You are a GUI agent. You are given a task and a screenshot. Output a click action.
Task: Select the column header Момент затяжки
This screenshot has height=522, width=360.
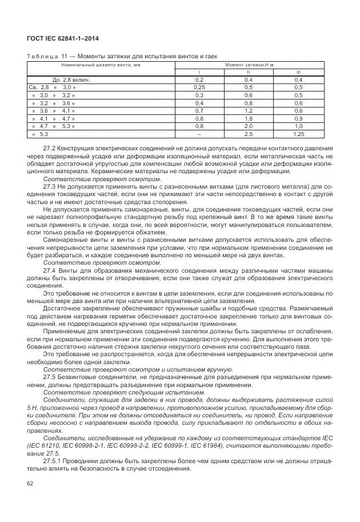point(249,66)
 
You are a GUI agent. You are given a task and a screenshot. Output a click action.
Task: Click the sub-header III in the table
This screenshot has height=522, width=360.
point(298,73)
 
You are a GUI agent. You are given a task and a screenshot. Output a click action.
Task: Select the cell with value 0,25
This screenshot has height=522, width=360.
point(199,87)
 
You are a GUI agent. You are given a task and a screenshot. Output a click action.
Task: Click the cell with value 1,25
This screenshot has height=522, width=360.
point(298,133)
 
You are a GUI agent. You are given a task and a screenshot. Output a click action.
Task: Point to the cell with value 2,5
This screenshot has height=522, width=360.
point(249,133)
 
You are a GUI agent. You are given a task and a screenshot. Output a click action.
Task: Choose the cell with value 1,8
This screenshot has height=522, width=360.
point(249,118)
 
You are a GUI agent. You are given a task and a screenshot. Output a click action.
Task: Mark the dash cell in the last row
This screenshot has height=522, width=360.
point(199,133)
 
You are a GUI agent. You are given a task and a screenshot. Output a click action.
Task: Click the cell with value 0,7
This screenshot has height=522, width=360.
point(199,110)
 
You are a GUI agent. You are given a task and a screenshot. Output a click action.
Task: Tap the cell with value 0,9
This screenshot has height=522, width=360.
point(298,118)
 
